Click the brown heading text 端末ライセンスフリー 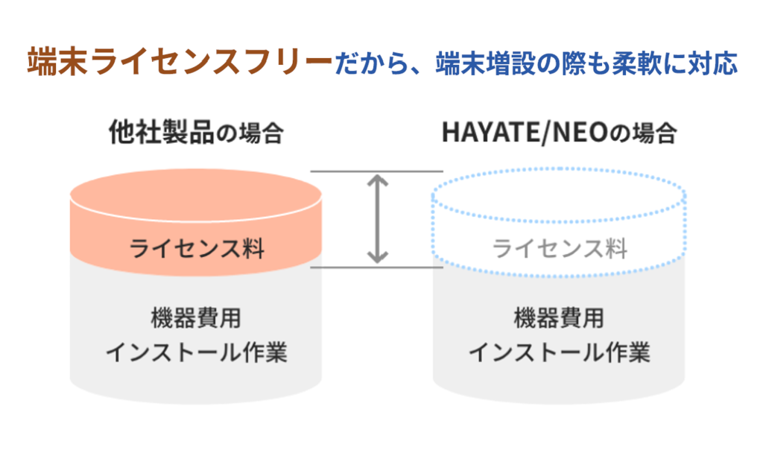(180, 63)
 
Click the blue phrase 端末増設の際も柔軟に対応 (586, 63)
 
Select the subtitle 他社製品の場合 (196, 133)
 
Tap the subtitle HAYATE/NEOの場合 (559, 133)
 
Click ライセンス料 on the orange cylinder (197, 248)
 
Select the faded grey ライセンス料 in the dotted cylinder (560, 248)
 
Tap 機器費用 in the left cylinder (196, 317)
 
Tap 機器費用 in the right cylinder (559, 317)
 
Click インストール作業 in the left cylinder (197, 352)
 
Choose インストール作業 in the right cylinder (559, 352)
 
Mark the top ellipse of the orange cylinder (196, 195)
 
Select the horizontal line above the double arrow (376, 171)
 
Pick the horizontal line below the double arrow (376, 267)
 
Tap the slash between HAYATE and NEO (546, 133)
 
